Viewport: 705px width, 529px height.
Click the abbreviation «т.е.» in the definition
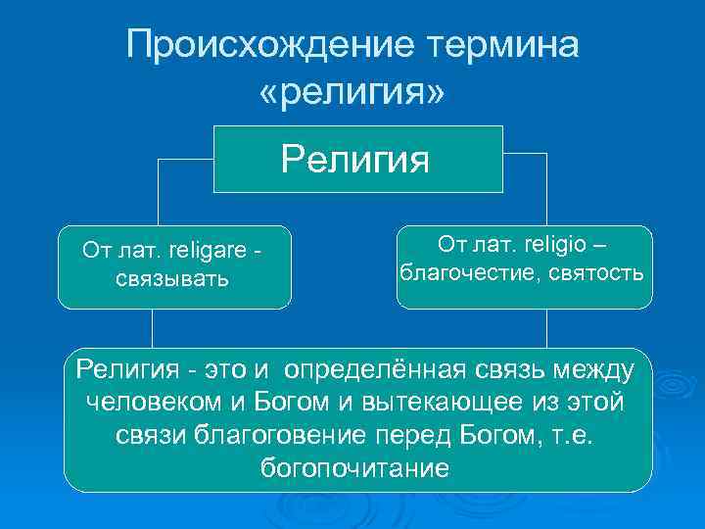[x=577, y=434]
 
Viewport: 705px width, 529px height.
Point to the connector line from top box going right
[x=525, y=154]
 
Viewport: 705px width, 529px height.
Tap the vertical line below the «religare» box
[x=152, y=328]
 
